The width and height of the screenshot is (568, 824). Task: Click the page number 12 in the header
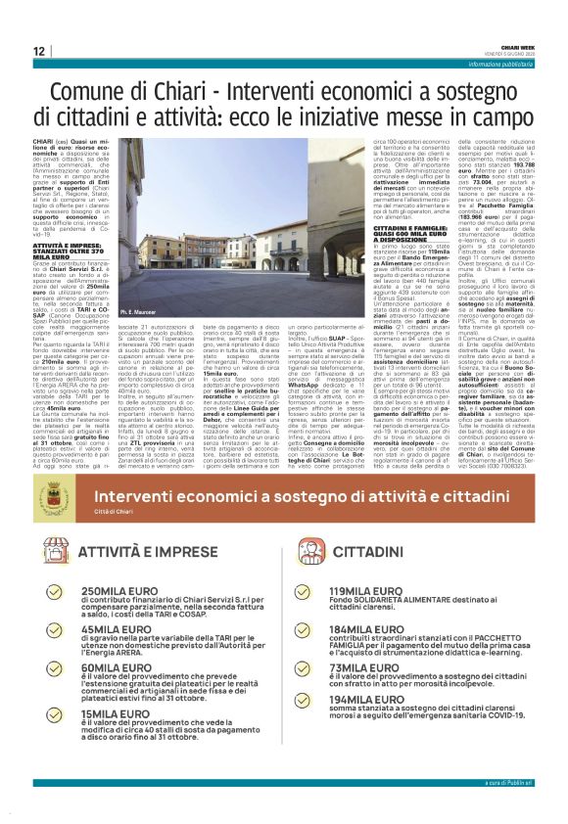(38, 51)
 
